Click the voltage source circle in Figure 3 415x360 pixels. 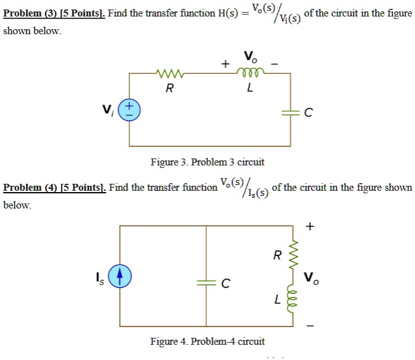click(x=130, y=110)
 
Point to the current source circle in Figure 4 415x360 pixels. click(x=119, y=277)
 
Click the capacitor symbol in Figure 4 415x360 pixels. click(x=206, y=283)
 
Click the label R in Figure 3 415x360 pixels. click(x=169, y=89)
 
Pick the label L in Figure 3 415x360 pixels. click(x=250, y=89)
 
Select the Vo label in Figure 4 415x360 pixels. click(x=310, y=278)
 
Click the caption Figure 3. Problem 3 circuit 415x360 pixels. click(x=207, y=162)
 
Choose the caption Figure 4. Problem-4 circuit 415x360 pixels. click(x=207, y=342)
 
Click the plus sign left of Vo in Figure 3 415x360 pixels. click(x=224, y=63)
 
